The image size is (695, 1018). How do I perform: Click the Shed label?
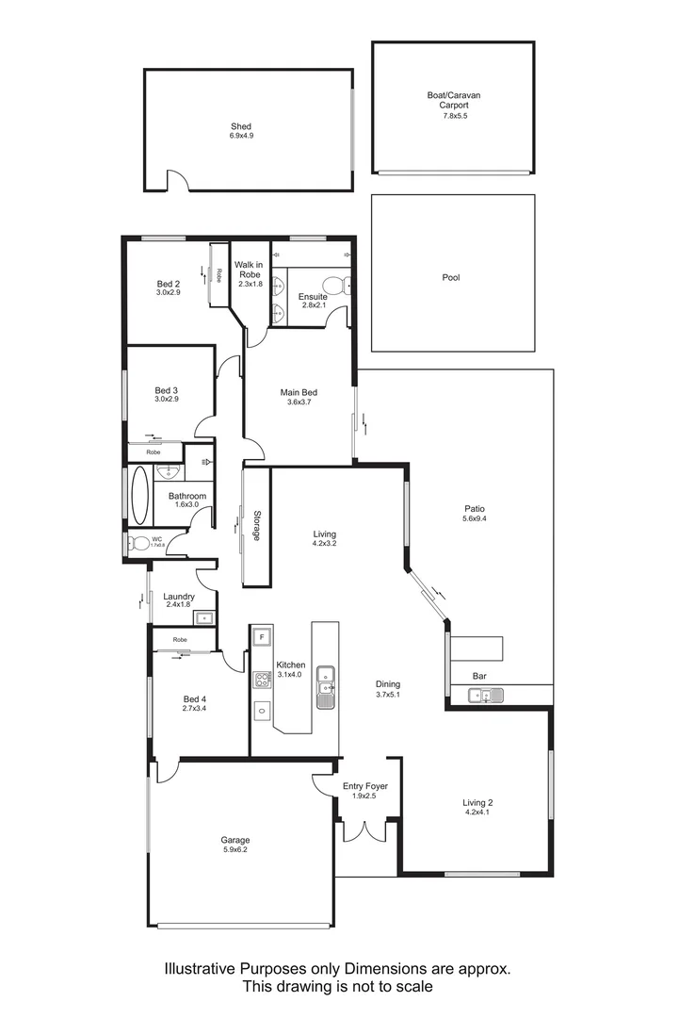241,125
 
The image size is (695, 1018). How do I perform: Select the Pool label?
451,278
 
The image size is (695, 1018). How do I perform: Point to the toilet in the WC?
138,543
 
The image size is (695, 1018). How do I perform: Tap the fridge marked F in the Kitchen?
261,637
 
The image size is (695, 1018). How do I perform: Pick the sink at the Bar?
485,696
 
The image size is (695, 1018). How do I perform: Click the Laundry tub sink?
203,617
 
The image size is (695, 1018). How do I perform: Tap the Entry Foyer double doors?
364,830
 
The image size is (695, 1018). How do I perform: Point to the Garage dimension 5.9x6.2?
235,850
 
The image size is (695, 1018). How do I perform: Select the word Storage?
256,526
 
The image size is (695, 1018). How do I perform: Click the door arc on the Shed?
177,179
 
